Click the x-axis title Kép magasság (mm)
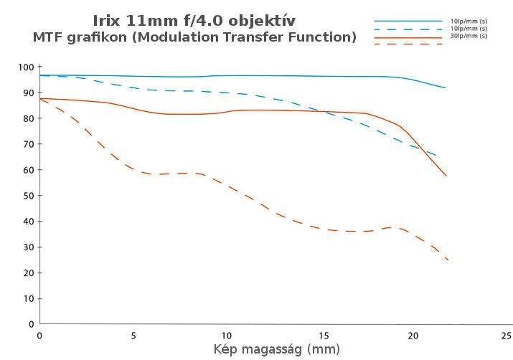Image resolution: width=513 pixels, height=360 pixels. coord(276,349)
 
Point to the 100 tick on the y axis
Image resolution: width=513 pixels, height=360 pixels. coord(26,67)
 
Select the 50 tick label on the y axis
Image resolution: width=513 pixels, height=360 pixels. coord(28,196)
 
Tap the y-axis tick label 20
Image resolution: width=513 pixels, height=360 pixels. coord(28,273)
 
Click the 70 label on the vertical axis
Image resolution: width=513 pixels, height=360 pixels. coord(28,144)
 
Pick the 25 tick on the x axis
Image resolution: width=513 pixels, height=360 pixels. coord(506,335)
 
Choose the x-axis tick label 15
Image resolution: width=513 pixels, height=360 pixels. coord(319,335)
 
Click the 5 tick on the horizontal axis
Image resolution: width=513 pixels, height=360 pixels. coord(133,335)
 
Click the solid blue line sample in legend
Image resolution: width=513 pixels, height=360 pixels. coord(408,22)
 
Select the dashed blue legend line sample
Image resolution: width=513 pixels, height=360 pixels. coord(408,29)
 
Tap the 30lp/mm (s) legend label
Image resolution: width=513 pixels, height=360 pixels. coord(469,36)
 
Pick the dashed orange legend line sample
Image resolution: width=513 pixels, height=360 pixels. coord(408,44)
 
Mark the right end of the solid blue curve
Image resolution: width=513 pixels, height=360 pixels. coord(446,87)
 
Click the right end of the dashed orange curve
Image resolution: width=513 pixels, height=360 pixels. coord(448,260)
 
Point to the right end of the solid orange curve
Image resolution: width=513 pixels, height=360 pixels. coord(446,176)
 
